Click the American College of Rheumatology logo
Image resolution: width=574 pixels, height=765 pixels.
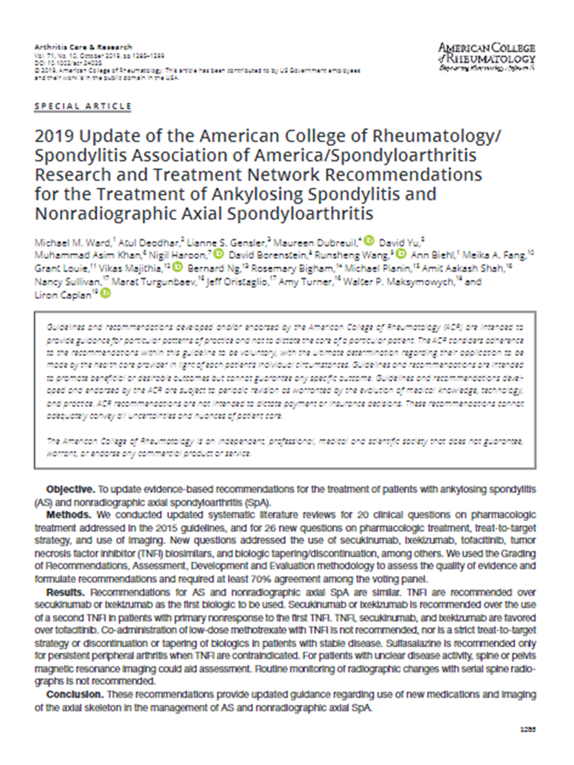click(486, 56)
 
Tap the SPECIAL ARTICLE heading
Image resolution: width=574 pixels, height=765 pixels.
click(83, 106)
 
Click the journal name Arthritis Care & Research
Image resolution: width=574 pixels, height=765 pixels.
click(83, 47)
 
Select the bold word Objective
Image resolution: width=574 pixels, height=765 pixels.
click(70, 489)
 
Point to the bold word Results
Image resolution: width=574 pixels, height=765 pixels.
click(65, 592)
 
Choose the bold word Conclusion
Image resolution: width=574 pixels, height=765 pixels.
click(74, 694)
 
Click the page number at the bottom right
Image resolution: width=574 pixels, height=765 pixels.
click(528, 729)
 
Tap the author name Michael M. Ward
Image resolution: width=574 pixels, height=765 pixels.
click(73, 242)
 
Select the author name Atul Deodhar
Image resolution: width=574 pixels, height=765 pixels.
click(149, 242)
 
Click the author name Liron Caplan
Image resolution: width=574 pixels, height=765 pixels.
click(62, 295)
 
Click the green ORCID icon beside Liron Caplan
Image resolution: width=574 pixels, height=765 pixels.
click(106, 294)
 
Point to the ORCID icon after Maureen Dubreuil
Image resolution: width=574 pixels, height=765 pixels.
click(369, 241)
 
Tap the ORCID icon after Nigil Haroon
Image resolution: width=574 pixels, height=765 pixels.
click(219, 254)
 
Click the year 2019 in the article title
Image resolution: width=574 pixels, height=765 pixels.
click(54, 136)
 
